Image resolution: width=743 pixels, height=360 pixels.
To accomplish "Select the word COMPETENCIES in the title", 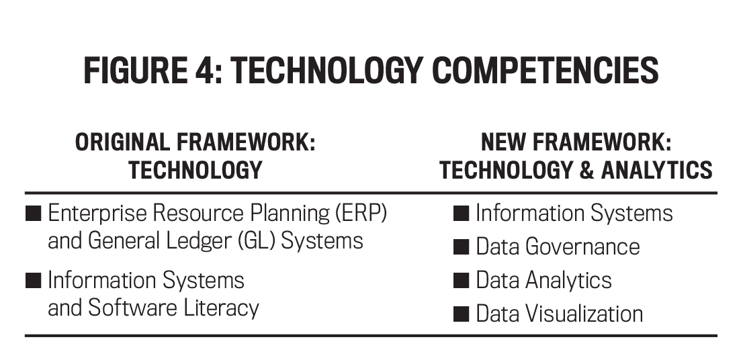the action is coord(545,71).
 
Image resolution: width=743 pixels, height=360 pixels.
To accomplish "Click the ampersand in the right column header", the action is coord(586,170).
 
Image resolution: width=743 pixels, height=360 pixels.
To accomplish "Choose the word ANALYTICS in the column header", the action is coord(656,170).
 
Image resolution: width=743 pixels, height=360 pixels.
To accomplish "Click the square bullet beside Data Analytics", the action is coord(461,281).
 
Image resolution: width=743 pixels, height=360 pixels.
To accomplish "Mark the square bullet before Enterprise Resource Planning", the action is coord(33,214).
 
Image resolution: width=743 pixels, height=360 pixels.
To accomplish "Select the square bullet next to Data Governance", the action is coord(461,247).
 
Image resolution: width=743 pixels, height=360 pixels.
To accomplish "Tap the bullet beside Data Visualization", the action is coord(461,314).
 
